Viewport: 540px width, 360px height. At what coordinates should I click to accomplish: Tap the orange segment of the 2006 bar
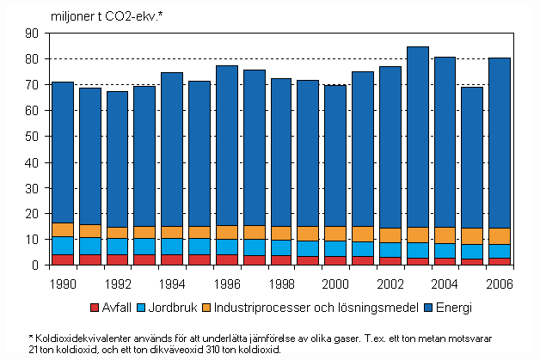coord(500,236)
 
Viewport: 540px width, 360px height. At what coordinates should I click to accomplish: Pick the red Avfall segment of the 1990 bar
coord(63,259)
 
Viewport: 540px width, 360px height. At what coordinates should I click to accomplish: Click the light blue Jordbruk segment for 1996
coord(227,247)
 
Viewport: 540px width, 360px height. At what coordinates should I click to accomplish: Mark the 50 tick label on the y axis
coord(33,137)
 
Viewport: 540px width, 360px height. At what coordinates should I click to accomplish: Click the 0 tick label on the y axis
coord(36,265)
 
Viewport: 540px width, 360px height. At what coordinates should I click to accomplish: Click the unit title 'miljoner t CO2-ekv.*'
coord(126,15)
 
